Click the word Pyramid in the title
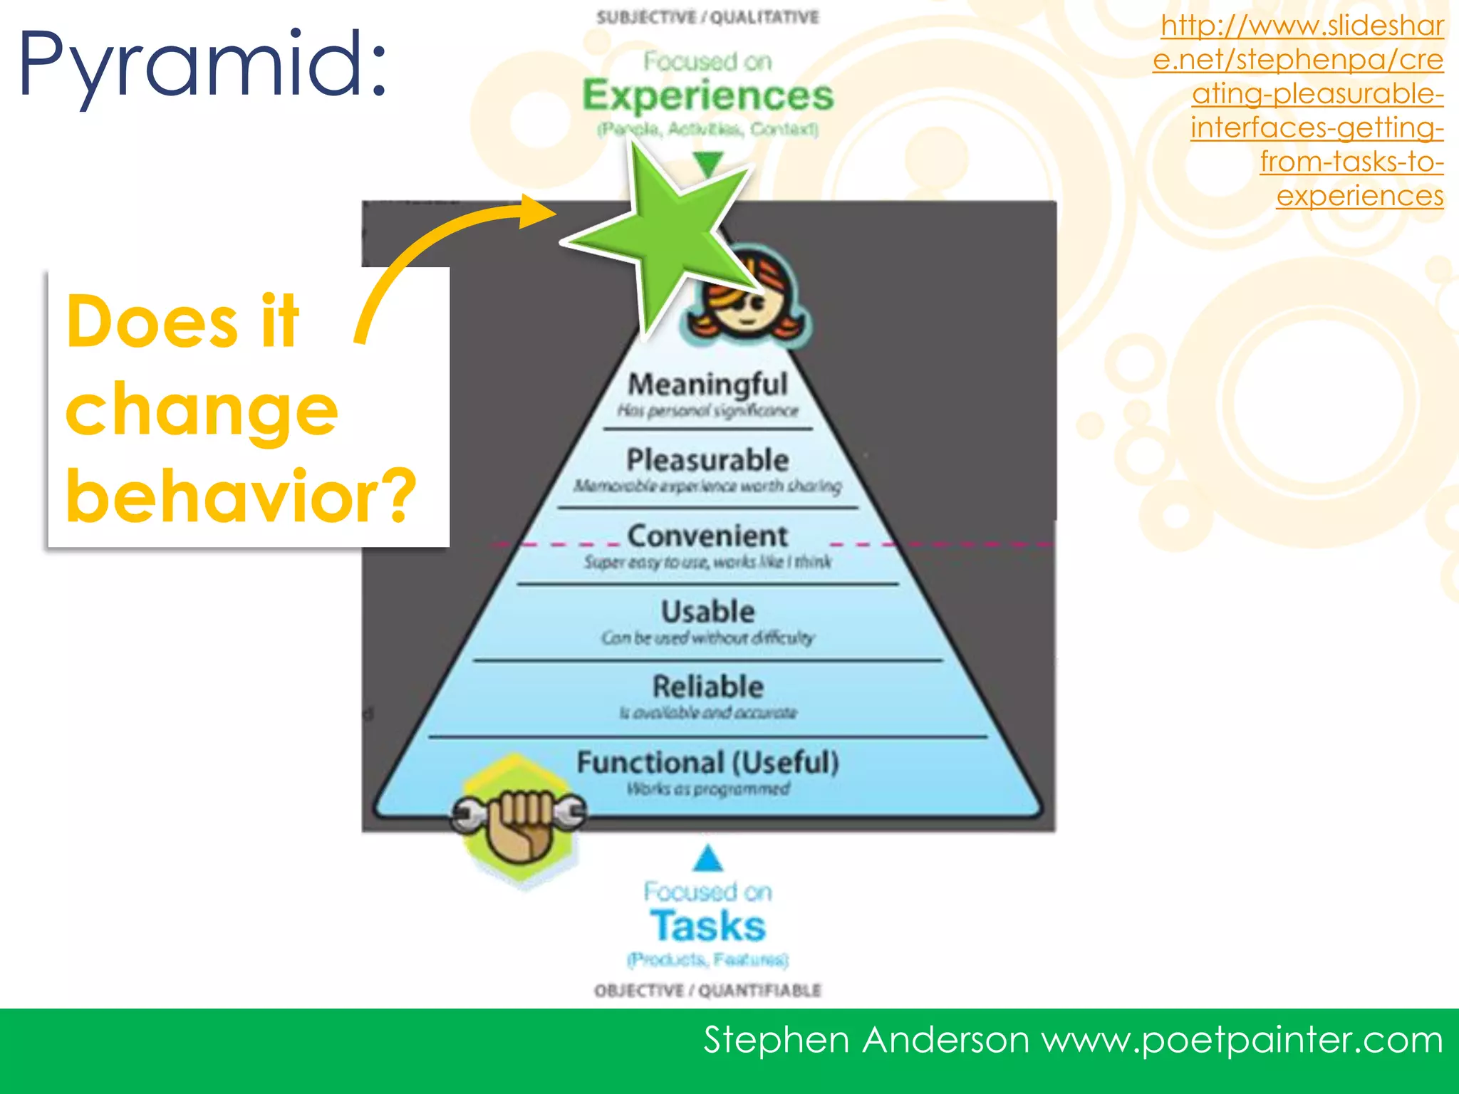pyautogui.click(x=203, y=66)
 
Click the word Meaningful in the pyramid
pyautogui.click(x=707, y=385)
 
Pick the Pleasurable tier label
pyautogui.click(x=707, y=460)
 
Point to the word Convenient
pyautogui.click(x=707, y=536)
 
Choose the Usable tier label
pyautogui.click(x=707, y=612)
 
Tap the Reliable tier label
pyautogui.click(x=707, y=687)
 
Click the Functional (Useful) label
pyautogui.click(x=707, y=763)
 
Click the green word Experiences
pyautogui.click(x=707, y=96)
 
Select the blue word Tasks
pyautogui.click(x=707, y=926)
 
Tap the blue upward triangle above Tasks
pyautogui.click(x=707, y=860)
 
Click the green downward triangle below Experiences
pyautogui.click(x=708, y=163)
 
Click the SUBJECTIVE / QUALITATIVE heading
pyautogui.click(x=707, y=17)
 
